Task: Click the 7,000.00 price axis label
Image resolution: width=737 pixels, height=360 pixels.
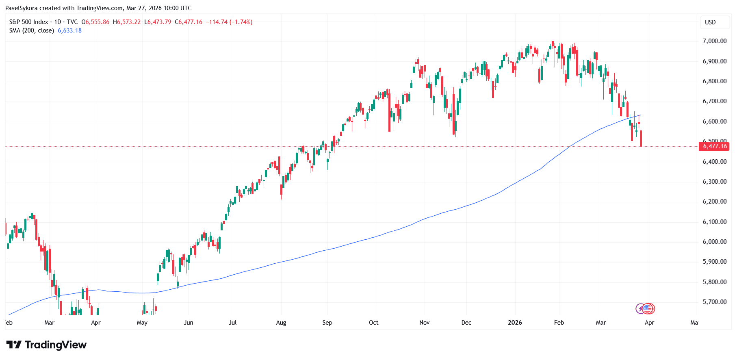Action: (714, 41)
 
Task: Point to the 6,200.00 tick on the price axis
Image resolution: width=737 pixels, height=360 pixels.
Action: (714, 202)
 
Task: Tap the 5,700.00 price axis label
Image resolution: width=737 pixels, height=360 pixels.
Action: (714, 302)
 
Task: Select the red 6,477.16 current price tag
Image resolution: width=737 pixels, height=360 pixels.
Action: (714, 146)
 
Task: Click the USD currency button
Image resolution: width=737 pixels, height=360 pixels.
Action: (710, 22)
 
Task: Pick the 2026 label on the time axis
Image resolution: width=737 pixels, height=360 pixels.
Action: (515, 323)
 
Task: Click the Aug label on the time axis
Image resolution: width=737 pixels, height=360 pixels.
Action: (281, 323)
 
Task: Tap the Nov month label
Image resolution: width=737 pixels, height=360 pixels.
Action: (424, 323)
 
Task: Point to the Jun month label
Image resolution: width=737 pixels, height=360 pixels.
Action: (189, 323)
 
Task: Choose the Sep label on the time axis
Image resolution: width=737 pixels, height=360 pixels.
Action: (327, 323)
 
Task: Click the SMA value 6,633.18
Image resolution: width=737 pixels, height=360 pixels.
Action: (69, 30)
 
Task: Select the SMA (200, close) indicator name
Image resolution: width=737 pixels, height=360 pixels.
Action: (32, 30)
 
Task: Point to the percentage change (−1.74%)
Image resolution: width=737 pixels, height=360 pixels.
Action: (241, 22)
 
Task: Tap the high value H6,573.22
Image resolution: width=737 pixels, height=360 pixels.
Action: (127, 22)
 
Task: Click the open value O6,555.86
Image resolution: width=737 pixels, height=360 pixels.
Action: (95, 22)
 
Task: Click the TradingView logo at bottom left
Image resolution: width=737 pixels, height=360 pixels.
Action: (46, 345)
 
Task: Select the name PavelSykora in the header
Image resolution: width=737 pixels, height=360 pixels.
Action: (21, 8)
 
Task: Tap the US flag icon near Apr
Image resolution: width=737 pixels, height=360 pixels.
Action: (648, 309)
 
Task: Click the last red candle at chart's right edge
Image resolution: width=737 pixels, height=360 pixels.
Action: (641, 138)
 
